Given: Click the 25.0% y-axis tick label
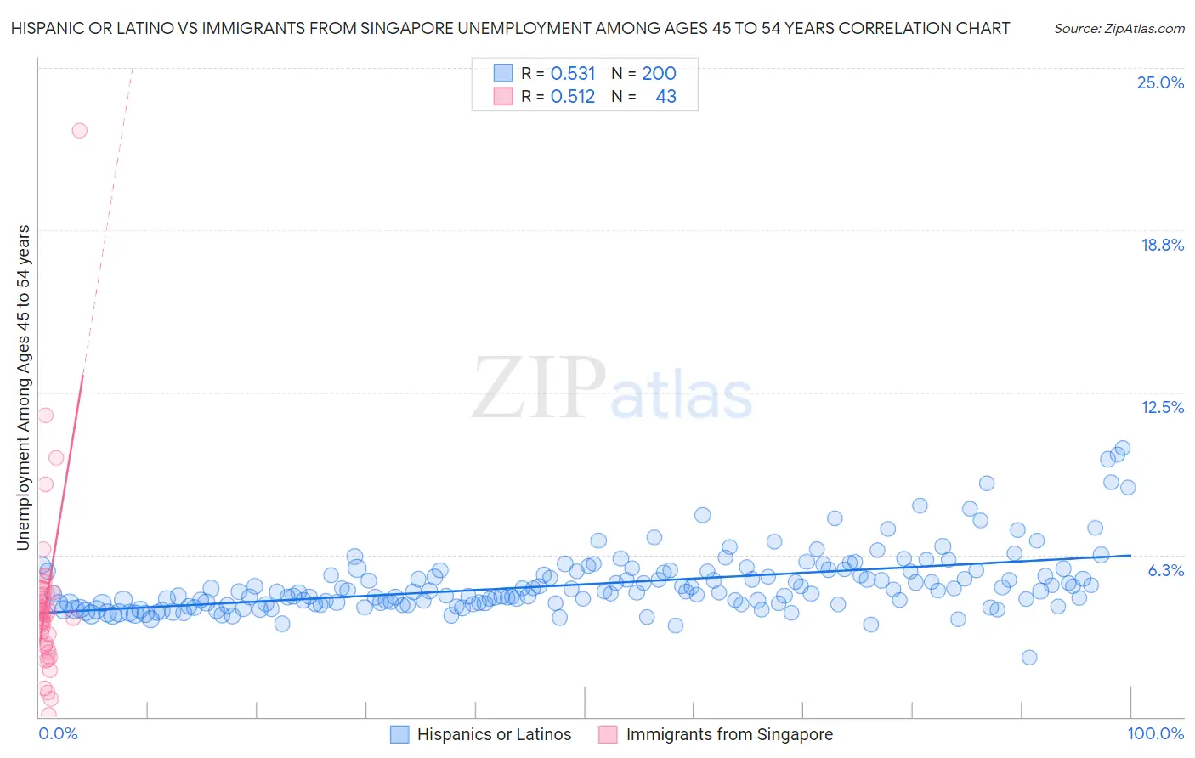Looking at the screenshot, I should click(x=1160, y=82).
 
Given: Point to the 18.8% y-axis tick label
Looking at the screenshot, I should click(x=1162, y=245).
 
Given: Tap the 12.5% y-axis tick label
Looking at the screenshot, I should click(x=1162, y=407).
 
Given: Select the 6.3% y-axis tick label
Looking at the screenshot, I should click(x=1165, y=570).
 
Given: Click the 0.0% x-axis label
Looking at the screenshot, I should click(x=58, y=733).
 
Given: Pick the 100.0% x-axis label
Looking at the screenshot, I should click(x=1155, y=733).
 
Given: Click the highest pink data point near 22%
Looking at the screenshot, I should click(x=79, y=131).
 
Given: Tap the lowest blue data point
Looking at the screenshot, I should click(x=1028, y=657).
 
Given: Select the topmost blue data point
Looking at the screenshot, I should click(x=1122, y=448).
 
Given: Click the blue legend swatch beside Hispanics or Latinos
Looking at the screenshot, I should click(x=399, y=734).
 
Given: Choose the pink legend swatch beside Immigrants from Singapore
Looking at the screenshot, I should click(x=608, y=734).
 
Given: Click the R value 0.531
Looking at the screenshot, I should click(x=573, y=73).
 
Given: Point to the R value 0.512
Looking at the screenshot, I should click(x=573, y=97).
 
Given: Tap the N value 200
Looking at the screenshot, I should click(x=659, y=73).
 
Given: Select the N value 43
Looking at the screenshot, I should click(x=665, y=97).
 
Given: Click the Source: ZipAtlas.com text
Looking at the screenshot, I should click(x=1119, y=28).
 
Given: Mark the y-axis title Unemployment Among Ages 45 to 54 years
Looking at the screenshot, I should click(x=23, y=387).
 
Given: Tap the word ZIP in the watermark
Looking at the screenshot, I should click(x=539, y=387).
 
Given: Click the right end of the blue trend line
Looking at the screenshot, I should click(x=1130, y=555).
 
